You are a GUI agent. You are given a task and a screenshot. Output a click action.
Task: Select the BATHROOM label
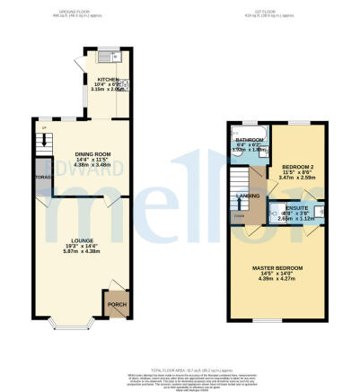pos(249,141)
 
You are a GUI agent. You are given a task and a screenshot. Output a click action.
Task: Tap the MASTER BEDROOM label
pos(277,267)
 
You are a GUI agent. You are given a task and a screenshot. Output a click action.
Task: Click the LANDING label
pos(248,195)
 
